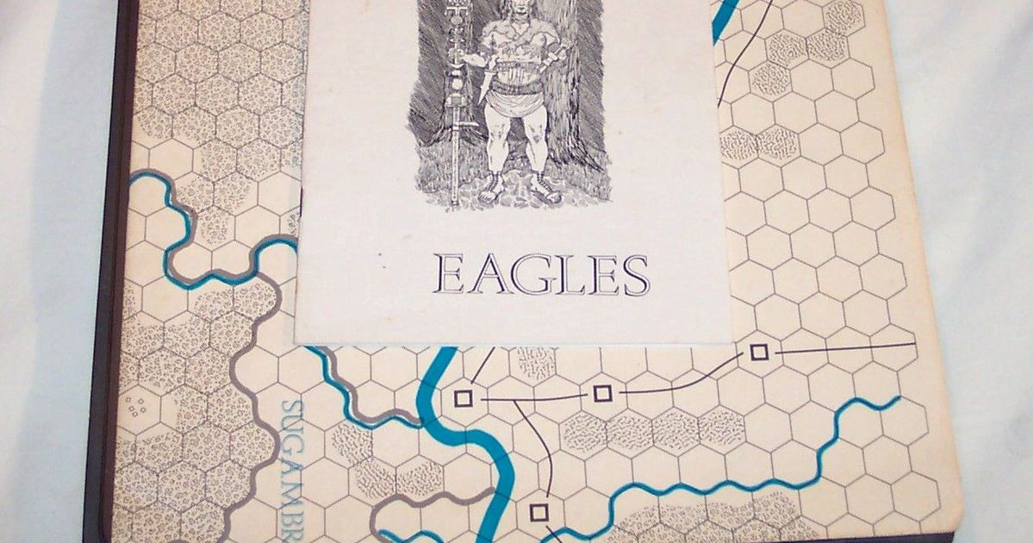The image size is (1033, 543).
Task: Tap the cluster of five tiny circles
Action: tap(135, 404)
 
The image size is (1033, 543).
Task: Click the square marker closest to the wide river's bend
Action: tap(463, 397)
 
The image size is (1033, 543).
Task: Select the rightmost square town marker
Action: tap(758, 352)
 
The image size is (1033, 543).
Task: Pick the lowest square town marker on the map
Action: tap(538, 512)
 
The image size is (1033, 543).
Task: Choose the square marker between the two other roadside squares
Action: tap(602, 393)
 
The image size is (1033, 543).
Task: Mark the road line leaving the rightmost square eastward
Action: tap(844, 347)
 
